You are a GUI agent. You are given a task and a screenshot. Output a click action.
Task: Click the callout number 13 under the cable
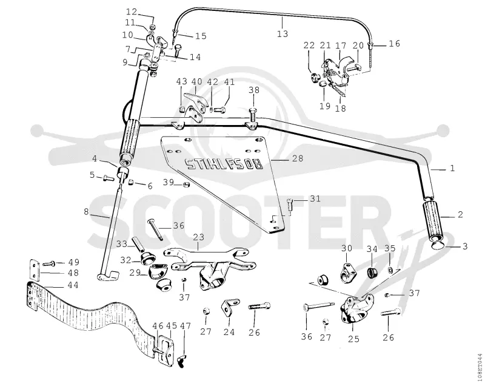coord(283,33)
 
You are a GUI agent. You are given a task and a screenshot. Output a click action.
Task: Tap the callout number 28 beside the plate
coord(298,158)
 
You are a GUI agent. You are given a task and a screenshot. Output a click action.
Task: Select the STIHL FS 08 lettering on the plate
coord(224,164)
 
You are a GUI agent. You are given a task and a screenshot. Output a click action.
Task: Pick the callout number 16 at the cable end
coord(395,43)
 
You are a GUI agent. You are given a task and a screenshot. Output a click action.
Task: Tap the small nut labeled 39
coord(186,185)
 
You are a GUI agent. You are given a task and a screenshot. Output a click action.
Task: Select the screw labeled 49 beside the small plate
coord(49,264)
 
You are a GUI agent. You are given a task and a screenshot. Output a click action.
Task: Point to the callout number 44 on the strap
coord(73,285)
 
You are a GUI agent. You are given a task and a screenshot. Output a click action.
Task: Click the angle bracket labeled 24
coord(230,307)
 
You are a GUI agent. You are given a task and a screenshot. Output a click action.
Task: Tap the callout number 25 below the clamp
coord(353,339)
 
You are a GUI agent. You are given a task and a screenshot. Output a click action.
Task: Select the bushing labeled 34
coord(372,273)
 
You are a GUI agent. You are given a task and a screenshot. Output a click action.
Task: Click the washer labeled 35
coord(390,270)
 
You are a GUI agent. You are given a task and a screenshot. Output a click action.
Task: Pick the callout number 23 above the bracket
coord(199,237)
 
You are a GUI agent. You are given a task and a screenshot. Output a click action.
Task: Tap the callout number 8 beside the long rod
coord(86,212)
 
